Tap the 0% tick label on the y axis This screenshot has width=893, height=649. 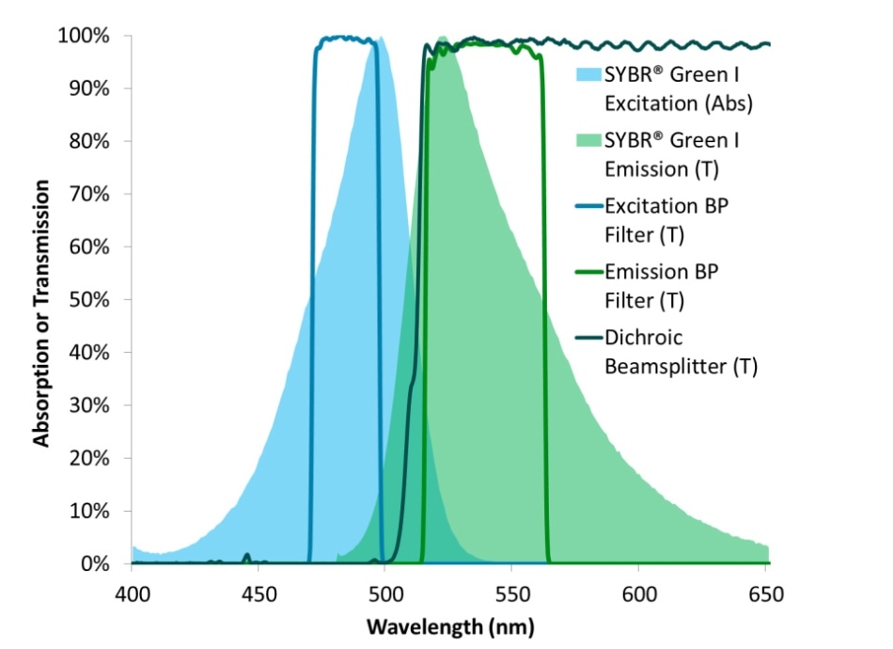click(x=99, y=564)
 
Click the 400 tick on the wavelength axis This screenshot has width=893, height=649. click(x=132, y=595)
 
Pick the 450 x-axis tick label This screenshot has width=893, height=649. click(x=258, y=595)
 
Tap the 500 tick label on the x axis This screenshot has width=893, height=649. click(x=384, y=595)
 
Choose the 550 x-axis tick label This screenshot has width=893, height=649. click(x=511, y=595)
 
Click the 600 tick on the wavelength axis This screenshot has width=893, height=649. click(x=638, y=595)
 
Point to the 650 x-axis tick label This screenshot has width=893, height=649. click(x=764, y=595)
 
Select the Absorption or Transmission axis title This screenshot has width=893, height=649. click(x=42, y=299)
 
